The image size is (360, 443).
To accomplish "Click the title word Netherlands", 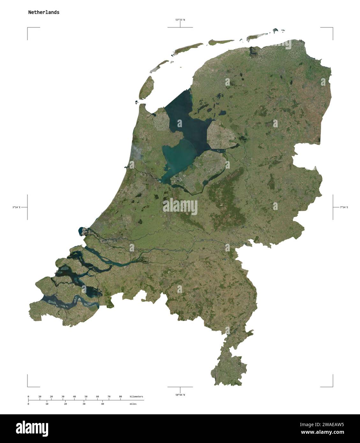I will (44, 12).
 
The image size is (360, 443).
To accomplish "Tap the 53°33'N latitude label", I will (180, 20).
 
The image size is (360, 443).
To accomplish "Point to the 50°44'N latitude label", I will (180, 395).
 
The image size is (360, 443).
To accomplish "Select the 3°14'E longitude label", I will (16, 207).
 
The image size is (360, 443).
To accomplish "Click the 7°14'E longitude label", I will (344, 207).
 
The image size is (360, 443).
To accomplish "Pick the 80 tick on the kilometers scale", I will (120, 397).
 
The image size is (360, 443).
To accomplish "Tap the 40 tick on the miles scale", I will (102, 404).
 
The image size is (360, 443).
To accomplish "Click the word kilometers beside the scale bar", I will (136, 396).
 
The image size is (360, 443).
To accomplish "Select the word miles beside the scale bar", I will (133, 404).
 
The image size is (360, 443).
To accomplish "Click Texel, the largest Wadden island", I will (146, 87).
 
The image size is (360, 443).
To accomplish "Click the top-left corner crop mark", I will (28, 28).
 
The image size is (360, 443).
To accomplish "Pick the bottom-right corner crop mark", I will (333, 386).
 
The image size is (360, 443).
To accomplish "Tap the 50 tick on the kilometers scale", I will (86, 397).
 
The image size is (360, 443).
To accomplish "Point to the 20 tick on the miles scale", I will (65, 404).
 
